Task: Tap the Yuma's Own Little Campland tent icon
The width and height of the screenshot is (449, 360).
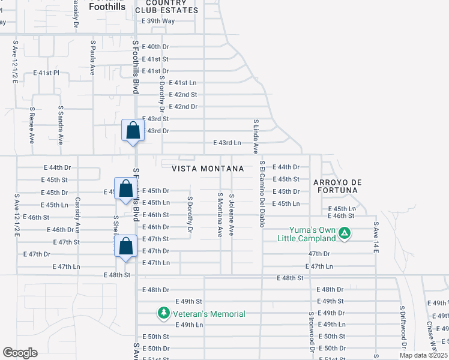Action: click(x=345, y=233)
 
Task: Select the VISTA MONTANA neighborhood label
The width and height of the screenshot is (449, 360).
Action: click(x=208, y=169)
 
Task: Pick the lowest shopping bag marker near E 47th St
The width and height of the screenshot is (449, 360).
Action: click(x=125, y=247)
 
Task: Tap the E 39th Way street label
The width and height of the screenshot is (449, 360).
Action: click(x=158, y=21)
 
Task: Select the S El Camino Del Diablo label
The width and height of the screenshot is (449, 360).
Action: click(x=262, y=194)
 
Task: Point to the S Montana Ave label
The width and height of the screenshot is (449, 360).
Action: click(x=220, y=214)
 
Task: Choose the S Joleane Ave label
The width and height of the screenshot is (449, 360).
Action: click(x=232, y=214)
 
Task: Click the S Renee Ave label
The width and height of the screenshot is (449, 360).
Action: click(x=32, y=126)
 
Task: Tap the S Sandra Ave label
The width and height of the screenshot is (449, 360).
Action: click(x=61, y=126)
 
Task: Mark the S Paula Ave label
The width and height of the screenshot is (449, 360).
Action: click(x=92, y=58)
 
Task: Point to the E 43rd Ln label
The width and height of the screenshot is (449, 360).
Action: click(x=227, y=143)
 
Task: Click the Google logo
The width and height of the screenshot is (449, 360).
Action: click(x=20, y=353)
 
